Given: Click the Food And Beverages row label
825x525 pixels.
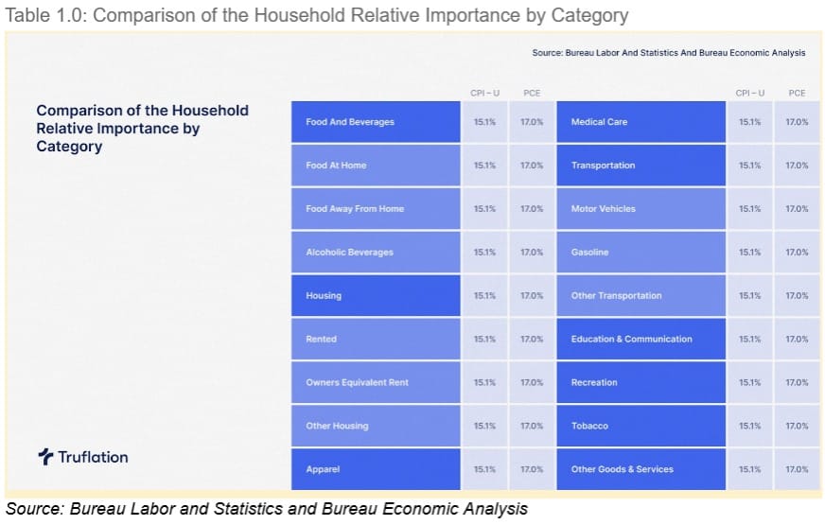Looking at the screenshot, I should click(350, 122).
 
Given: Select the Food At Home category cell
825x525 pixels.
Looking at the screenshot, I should click(336, 166).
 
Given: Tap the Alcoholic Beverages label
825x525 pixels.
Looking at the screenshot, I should click(349, 253).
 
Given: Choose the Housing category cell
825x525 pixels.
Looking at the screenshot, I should click(324, 296).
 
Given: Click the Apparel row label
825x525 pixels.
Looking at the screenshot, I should click(323, 469).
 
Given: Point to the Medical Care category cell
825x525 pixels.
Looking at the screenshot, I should click(599, 122).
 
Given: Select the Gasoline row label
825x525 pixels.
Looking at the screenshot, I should click(589, 253).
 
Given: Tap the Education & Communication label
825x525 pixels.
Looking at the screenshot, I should click(631, 340).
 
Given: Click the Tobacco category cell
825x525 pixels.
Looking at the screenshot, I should click(589, 427).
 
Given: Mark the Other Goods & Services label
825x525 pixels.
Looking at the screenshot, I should click(622, 469).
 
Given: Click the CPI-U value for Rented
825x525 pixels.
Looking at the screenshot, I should click(484, 340).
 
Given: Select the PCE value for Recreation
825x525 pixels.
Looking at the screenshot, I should click(797, 383).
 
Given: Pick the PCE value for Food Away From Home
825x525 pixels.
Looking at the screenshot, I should click(532, 209).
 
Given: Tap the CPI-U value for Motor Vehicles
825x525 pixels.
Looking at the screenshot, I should click(749, 209).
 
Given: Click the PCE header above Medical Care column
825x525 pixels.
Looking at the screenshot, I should click(797, 93).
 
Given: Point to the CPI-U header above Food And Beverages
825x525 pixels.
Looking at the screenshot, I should click(484, 93).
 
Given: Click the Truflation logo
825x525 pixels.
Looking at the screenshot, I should click(83, 457).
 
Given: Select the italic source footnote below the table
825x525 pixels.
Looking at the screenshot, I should click(266, 510).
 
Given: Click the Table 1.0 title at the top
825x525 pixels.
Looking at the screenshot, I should click(317, 15).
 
